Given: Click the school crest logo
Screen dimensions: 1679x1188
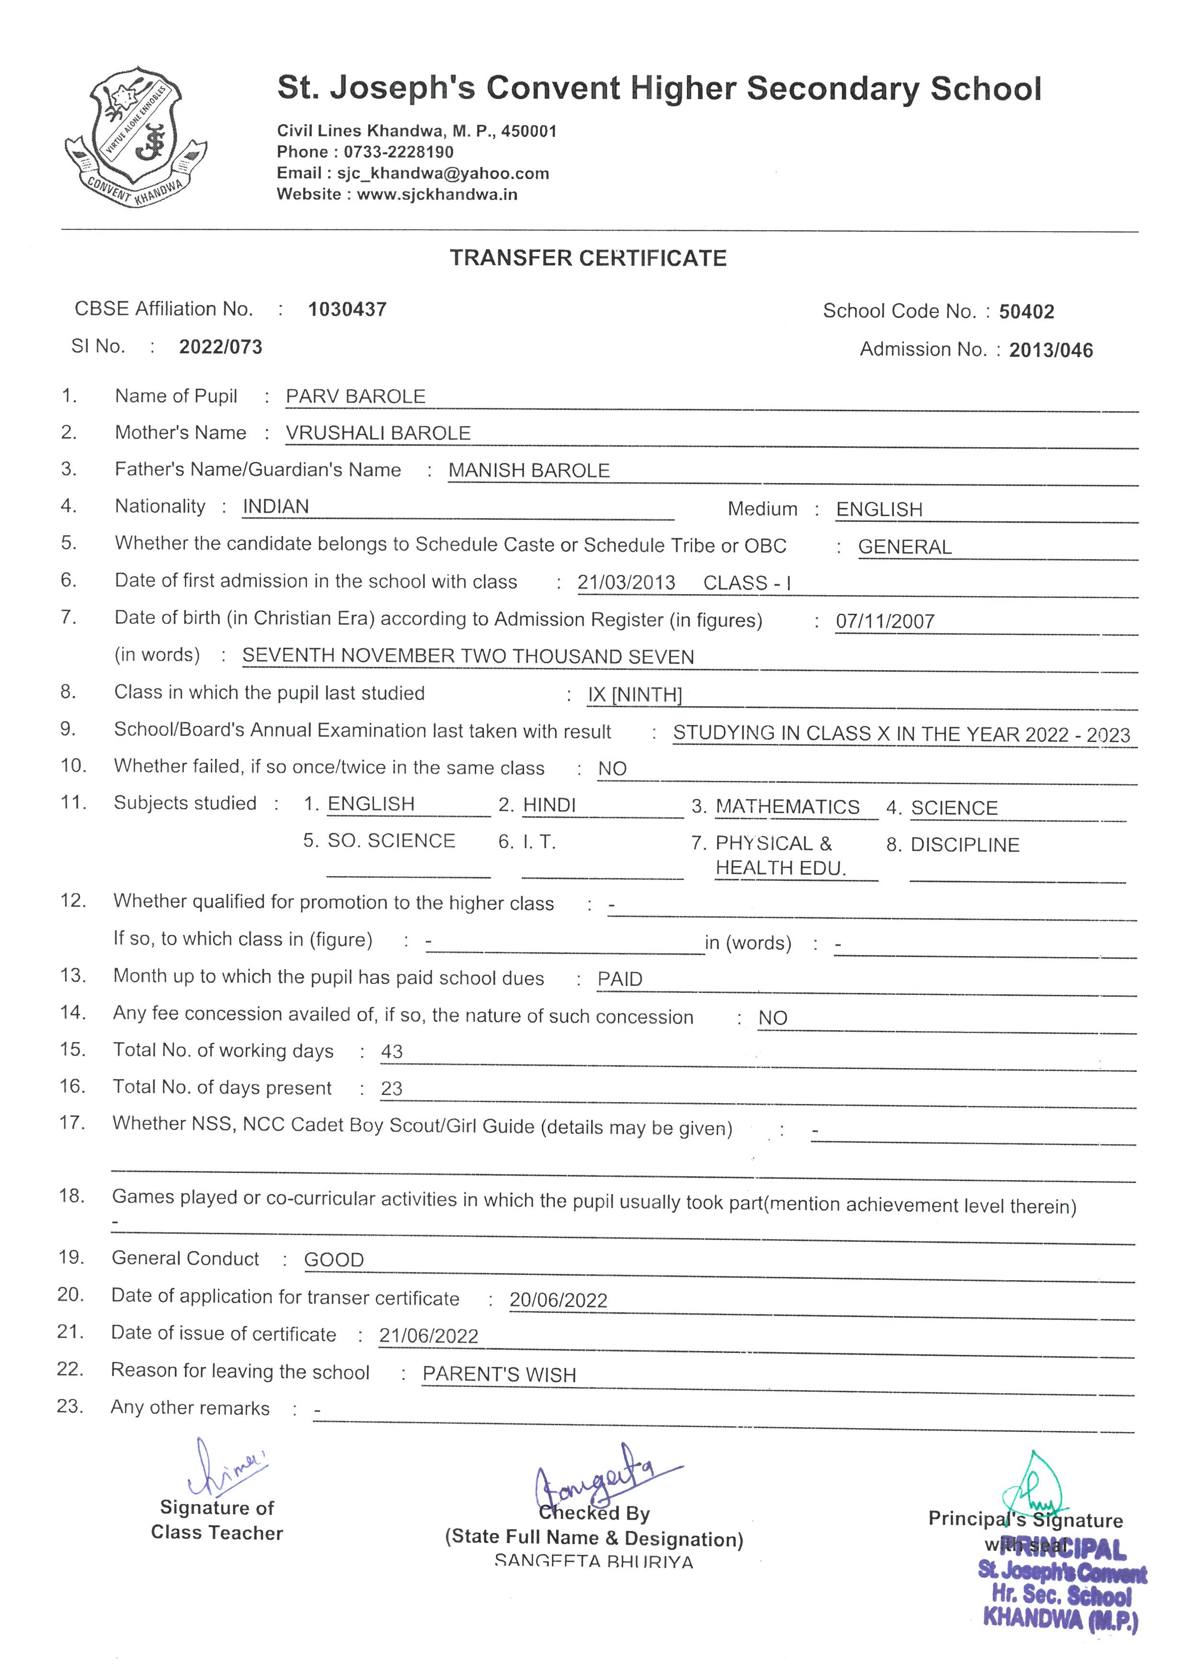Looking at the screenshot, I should click(x=136, y=137).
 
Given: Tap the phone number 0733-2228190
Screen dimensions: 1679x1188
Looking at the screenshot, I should click(x=399, y=152).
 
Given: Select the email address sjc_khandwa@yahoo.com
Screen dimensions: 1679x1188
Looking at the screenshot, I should click(x=443, y=173).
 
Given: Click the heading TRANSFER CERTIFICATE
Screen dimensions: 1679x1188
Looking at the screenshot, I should click(x=588, y=258).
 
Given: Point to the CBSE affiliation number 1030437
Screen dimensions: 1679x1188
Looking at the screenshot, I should click(x=347, y=309).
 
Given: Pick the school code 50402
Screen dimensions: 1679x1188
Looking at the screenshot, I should click(x=1027, y=312).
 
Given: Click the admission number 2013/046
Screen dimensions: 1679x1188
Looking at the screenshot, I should click(x=1051, y=350).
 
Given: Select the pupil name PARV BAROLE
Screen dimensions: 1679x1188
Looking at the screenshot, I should click(x=355, y=396).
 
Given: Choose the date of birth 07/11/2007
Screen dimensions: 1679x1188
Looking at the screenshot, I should click(x=885, y=621).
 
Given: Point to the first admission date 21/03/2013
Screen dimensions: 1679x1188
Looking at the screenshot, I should click(x=626, y=583).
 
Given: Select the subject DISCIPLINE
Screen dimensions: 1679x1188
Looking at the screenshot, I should click(x=964, y=845).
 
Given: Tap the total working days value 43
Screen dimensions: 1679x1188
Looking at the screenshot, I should click(x=392, y=1051).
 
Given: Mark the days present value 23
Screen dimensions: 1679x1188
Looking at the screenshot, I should click(x=392, y=1089).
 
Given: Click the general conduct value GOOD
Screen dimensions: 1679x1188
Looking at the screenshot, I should click(x=333, y=1260).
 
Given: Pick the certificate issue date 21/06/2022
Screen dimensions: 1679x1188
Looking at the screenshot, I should click(x=429, y=1336).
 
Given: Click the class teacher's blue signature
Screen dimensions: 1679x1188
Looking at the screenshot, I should click(x=225, y=1468).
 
